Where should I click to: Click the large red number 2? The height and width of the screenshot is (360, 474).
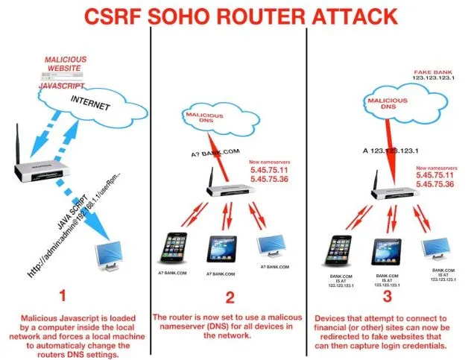(231, 298)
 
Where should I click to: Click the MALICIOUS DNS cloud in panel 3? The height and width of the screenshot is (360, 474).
(382, 102)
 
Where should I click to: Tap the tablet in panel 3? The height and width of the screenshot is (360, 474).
(386, 247)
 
